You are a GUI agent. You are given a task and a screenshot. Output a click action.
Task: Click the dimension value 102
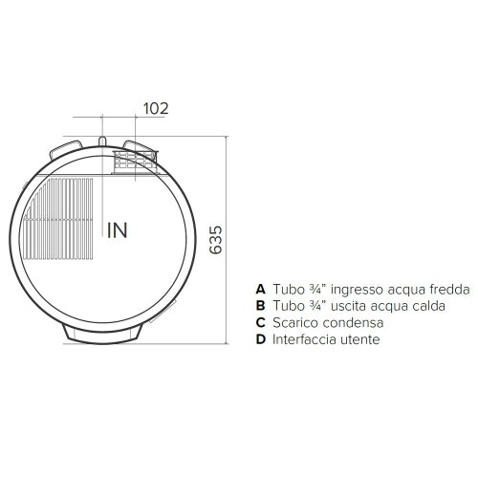(x=155, y=108)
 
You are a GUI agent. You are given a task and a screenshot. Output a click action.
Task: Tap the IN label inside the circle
(x=118, y=229)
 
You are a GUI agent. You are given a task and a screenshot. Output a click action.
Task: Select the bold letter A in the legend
(x=260, y=289)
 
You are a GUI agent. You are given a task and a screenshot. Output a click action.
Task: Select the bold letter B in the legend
(x=260, y=306)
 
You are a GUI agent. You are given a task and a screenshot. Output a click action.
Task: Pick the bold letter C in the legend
(x=260, y=323)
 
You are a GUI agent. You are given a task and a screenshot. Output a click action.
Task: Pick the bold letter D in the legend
(x=260, y=340)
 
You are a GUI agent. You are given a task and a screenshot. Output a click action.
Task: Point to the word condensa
(x=354, y=323)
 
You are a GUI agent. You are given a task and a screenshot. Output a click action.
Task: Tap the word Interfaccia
(x=307, y=340)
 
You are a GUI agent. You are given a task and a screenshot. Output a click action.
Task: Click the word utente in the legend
(x=362, y=340)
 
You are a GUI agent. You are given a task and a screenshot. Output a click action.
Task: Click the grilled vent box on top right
(x=134, y=160)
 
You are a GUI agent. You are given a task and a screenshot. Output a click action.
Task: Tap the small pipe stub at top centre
(x=101, y=144)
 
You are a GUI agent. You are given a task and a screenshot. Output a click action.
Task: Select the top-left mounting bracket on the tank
(x=65, y=149)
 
